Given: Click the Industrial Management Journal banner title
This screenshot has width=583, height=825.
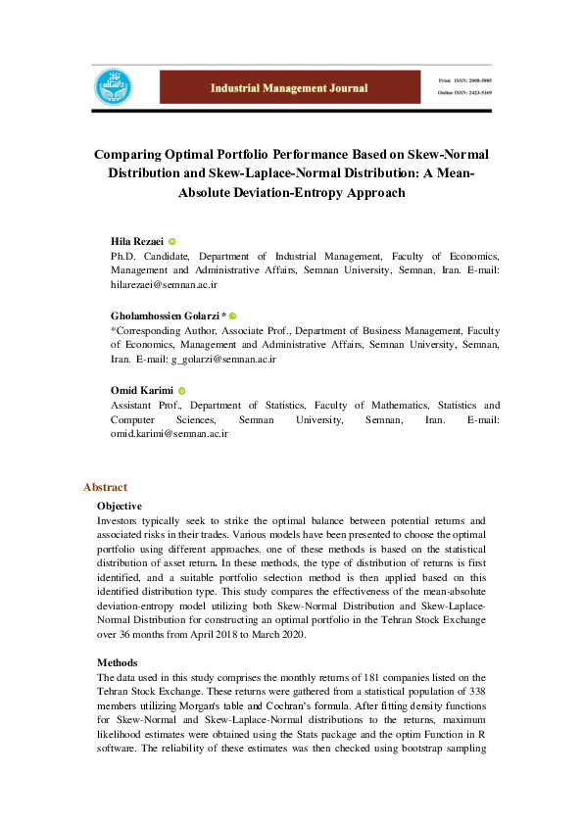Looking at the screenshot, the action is point(289,87).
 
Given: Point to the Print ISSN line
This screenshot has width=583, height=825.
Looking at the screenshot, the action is point(464,76).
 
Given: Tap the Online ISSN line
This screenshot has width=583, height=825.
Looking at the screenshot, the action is point(464,92).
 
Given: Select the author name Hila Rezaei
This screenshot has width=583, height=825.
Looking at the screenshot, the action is point(136,240).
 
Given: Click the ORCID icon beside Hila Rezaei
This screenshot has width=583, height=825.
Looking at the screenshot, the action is point(172,241).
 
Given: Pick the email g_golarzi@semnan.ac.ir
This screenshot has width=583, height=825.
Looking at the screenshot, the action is point(223,359).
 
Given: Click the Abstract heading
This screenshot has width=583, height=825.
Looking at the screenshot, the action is point(105,487).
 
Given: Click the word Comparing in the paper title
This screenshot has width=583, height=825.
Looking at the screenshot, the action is point(133,155).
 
